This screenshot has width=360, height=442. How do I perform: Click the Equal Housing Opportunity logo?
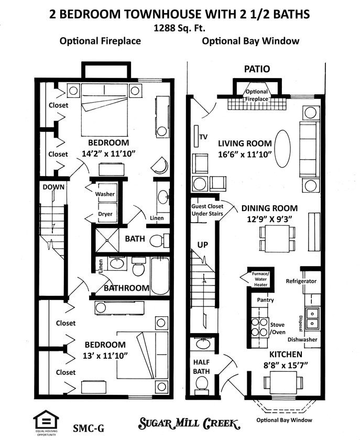46,421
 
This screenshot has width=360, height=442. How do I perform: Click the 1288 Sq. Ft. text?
179,29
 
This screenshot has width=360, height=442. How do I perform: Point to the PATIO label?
257,69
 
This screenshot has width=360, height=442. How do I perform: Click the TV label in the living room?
203,137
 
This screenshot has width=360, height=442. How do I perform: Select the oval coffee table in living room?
282,149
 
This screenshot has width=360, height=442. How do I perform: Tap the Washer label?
105,194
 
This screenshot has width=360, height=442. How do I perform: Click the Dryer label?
105,214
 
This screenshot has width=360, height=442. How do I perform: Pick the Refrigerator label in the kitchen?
301,281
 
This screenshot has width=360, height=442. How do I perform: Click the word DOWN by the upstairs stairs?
53,186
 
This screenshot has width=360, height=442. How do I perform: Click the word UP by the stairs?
203,245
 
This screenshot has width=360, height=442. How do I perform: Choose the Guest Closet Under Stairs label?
206,210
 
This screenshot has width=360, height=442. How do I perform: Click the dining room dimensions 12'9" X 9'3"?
269,218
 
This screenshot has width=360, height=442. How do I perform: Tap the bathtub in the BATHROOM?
160,276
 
